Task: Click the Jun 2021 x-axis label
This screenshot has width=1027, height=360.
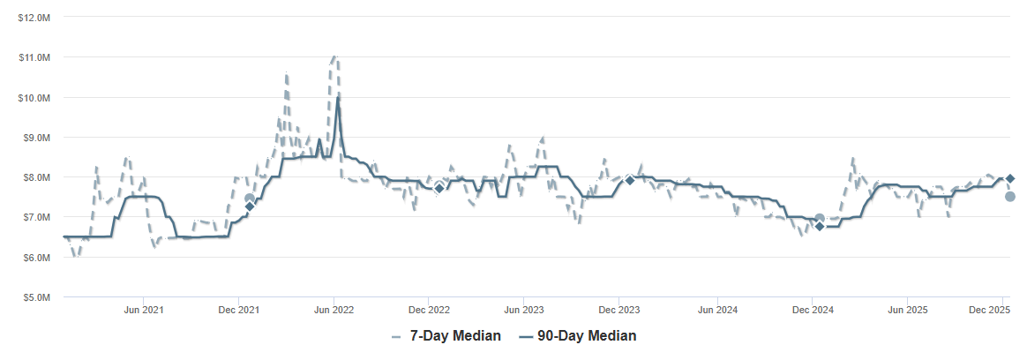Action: (x=143, y=310)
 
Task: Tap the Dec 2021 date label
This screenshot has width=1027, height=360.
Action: (x=238, y=310)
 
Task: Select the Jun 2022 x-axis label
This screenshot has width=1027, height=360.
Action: (x=334, y=310)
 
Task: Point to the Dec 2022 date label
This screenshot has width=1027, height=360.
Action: (x=429, y=310)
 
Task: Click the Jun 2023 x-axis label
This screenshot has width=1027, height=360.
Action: (x=524, y=310)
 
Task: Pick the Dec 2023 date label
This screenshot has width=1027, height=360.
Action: (x=619, y=310)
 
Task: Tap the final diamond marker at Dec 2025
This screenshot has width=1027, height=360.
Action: (x=1010, y=178)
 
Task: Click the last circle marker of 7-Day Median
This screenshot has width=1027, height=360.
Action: (x=1010, y=197)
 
